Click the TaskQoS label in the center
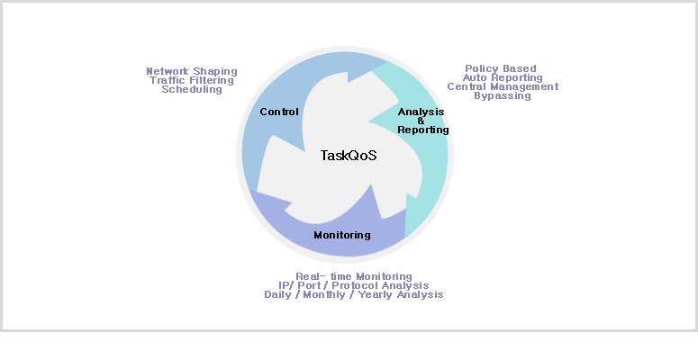349,156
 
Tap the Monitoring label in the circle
342,235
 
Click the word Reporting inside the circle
423,130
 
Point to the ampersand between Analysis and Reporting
421,121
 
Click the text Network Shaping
192,71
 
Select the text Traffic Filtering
192,80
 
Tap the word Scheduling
192,89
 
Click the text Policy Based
501,68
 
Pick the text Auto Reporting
503,77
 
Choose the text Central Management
503,86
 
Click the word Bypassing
503,95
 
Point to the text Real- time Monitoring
354,276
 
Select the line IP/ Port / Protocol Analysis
354,285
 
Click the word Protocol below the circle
370,285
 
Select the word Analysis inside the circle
422,112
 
